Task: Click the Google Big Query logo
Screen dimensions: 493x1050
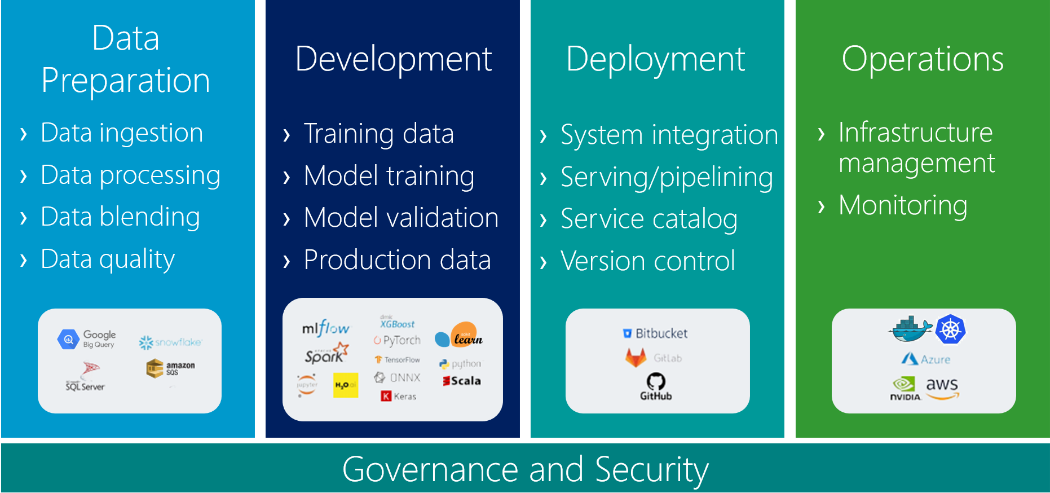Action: click(86, 339)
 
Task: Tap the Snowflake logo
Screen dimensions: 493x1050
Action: click(170, 342)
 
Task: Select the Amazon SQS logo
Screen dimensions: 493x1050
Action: click(170, 368)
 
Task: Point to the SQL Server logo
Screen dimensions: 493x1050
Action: click(86, 377)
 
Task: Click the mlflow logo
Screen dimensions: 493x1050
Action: click(325, 328)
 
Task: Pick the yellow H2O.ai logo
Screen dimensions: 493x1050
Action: click(345, 385)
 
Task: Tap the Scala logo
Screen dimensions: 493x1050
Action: click(462, 381)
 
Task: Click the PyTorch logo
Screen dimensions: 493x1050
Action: click(397, 340)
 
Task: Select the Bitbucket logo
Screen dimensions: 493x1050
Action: click(655, 333)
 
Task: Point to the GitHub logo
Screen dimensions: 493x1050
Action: click(656, 386)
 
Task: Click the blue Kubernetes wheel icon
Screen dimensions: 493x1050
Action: click(950, 329)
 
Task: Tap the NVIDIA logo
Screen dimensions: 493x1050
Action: click(905, 389)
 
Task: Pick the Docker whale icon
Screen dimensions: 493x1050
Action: click(910, 329)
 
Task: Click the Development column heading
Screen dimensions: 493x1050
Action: click(393, 59)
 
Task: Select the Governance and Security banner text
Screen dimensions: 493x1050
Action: click(525, 469)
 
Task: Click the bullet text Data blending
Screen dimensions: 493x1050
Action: click(120, 217)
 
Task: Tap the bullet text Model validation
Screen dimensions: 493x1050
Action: click(401, 218)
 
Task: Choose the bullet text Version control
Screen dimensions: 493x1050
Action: click(647, 261)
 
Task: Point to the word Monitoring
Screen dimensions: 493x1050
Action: click(902, 205)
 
